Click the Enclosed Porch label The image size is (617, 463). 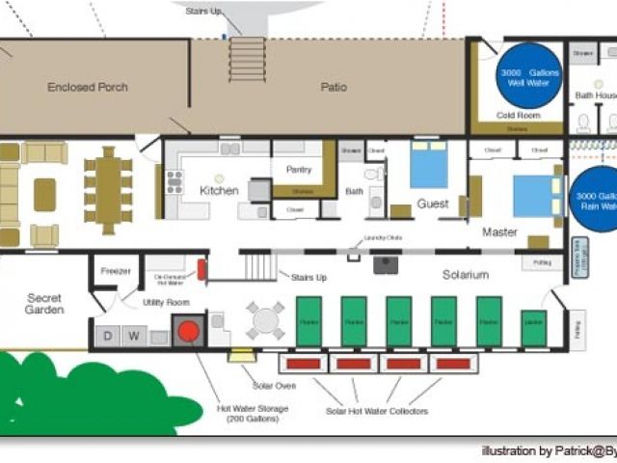click(88, 88)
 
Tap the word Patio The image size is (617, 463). click(334, 88)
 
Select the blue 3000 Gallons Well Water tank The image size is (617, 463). click(528, 72)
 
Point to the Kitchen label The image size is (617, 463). click(219, 191)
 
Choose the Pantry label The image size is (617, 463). click(299, 170)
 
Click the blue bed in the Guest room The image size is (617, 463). click(429, 164)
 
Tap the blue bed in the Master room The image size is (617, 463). click(536, 195)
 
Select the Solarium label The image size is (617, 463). click(466, 275)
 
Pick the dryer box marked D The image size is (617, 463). click(106, 336)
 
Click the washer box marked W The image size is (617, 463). click(135, 336)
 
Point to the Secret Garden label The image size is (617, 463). click(44, 304)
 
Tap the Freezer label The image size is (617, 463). click(116, 271)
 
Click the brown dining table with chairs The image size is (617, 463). click(107, 190)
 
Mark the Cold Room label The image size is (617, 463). click(517, 116)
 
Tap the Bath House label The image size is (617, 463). click(596, 95)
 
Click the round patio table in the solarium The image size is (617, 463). click(264, 320)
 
